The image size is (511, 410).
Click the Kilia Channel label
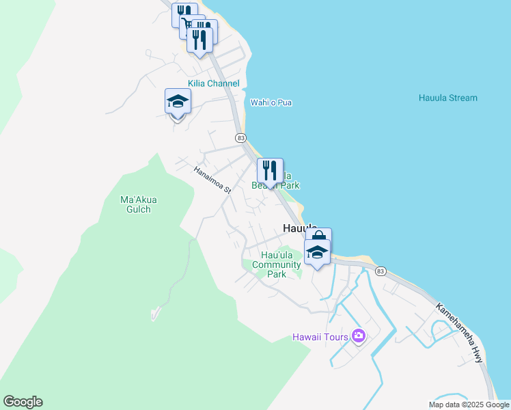click(214, 83)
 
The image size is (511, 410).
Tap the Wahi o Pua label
click(271, 102)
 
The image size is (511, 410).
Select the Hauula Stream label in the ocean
click(447, 98)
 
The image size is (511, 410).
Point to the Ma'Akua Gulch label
click(139, 204)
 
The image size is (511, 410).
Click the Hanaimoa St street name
click(211, 180)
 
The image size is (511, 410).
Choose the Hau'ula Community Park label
click(277, 264)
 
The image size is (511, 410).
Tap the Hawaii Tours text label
click(320, 336)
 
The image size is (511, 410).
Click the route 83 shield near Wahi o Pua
click(240, 137)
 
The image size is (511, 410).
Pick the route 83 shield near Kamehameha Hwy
click(381, 271)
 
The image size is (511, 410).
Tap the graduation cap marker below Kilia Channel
click(178, 102)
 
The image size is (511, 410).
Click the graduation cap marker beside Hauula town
click(317, 253)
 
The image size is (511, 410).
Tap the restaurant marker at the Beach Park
click(270, 171)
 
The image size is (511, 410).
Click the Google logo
click(23, 402)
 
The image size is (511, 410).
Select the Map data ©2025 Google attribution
click(469, 405)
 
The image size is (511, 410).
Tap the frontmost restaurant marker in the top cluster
click(199, 40)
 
